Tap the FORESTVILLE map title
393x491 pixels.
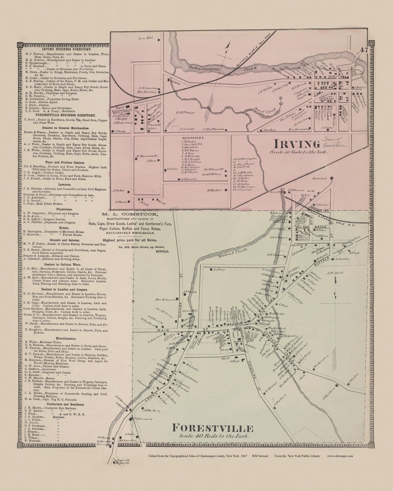coord(212,428)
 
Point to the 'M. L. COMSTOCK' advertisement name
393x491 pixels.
coord(129,213)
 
